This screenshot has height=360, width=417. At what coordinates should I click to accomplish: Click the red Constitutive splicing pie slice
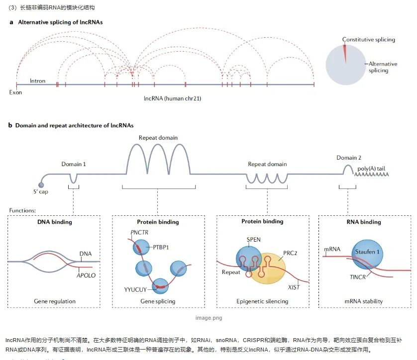[344, 52]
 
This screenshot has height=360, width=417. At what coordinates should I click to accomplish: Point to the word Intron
[38, 81]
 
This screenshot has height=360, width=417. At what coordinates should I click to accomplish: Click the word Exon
[16, 92]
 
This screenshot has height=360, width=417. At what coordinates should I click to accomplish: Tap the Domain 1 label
[74, 164]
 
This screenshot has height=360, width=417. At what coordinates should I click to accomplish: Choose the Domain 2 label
[349, 158]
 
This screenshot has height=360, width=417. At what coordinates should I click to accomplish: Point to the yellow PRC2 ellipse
[269, 269]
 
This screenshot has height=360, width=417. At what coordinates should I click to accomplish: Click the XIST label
[294, 287]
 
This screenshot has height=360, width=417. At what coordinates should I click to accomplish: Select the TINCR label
[357, 276]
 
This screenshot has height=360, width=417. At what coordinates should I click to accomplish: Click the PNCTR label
[139, 232]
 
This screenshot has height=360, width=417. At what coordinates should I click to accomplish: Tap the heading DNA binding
[55, 222]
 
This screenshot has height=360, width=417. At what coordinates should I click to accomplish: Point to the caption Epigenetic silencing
[262, 301]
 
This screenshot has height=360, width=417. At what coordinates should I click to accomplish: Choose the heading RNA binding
[364, 222]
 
